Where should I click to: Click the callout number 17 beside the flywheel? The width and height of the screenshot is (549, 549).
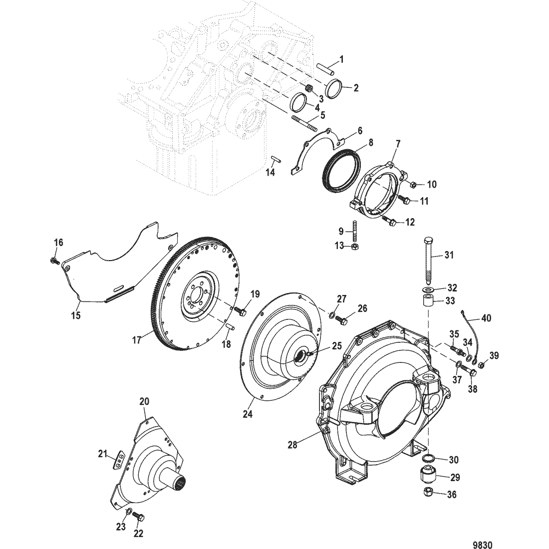click(137, 339)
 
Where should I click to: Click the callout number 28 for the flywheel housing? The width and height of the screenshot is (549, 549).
click(292, 445)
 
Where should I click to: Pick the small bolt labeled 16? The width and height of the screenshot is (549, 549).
click(53, 260)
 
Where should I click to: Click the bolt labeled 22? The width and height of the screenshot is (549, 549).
click(139, 518)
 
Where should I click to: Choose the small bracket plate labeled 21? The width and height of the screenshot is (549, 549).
click(119, 458)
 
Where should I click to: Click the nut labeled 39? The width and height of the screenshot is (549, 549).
click(481, 365)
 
